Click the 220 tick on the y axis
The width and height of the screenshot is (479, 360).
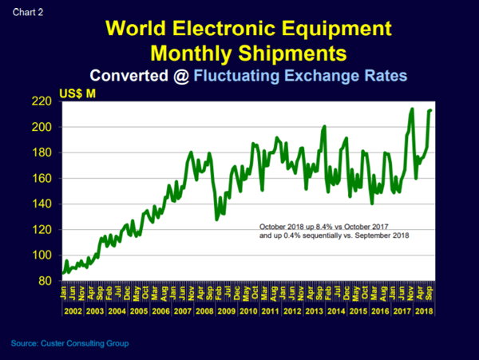click(48, 101)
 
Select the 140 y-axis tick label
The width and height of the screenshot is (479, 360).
click(48, 204)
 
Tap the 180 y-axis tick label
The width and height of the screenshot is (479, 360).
click(48, 152)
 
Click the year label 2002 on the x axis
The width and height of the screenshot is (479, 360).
click(73, 309)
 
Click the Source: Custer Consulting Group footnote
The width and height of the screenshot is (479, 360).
click(69, 343)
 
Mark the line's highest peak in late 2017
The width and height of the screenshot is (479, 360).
click(412, 109)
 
